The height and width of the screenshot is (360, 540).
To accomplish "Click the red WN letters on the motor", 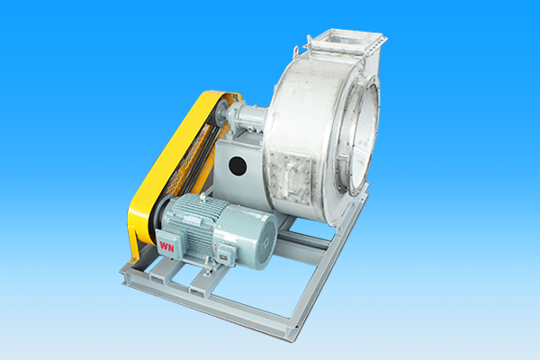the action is [166, 247].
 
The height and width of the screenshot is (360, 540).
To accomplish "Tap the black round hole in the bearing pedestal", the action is [238, 165].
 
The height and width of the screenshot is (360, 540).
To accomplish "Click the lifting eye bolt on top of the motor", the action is [203, 197].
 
